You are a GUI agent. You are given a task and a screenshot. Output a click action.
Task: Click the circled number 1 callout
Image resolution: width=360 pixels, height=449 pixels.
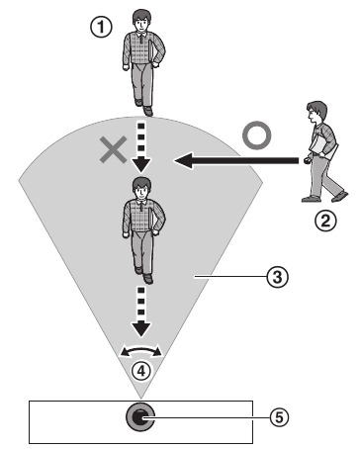(x=97, y=29)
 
